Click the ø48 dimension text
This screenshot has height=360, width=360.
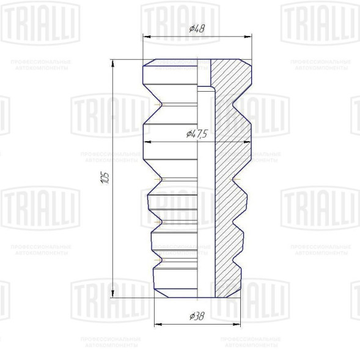(197, 28)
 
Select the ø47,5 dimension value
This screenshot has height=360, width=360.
(196, 133)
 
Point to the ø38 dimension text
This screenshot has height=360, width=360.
(197, 315)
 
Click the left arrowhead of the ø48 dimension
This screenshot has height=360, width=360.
(145, 37)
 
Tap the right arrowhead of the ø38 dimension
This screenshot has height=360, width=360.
(238, 324)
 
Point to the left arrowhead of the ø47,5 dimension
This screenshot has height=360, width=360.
(145, 142)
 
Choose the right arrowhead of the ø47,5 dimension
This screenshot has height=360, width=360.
(248, 142)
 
